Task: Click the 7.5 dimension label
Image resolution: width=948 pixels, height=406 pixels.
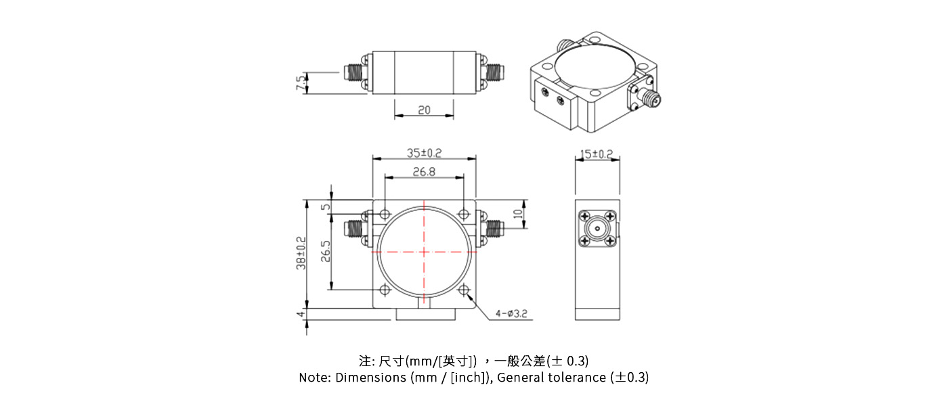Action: [299, 83]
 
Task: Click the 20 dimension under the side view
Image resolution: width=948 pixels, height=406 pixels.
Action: [424, 110]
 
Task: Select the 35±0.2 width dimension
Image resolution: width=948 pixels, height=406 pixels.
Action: [424, 153]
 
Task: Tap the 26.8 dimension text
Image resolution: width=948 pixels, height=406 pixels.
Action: [424, 172]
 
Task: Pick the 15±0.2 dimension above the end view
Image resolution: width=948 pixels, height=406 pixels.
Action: [597, 154]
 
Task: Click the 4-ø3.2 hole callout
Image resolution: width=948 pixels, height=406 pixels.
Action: [511, 313]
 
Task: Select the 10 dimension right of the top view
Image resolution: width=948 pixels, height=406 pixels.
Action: [518, 215]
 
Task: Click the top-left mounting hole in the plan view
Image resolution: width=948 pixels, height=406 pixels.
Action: [385, 215]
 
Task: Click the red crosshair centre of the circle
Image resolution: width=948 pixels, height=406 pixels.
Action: [425, 252]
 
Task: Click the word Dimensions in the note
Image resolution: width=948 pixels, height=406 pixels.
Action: [370, 378]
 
